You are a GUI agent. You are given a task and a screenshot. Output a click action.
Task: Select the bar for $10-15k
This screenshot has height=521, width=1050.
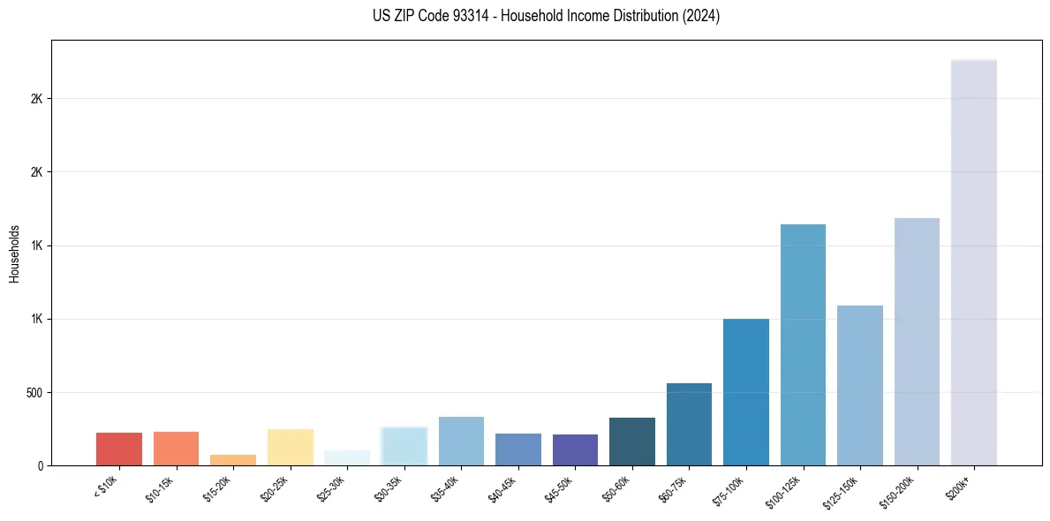(x=176, y=448)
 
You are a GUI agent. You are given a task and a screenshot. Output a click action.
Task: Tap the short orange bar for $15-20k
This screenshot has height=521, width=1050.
(x=233, y=460)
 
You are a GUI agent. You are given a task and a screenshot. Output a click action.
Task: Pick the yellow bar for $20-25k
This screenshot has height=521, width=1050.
(x=291, y=447)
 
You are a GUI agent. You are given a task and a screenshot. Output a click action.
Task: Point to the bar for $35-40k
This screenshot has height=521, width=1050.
(x=461, y=441)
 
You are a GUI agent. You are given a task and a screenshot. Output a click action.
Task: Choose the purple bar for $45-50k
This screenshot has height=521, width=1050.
(x=575, y=449)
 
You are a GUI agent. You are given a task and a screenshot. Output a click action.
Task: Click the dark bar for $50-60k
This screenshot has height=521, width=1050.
(x=632, y=442)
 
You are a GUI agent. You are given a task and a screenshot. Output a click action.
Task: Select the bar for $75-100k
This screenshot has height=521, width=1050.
(x=746, y=392)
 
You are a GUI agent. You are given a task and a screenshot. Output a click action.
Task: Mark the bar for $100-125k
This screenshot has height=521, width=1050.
(x=803, y=344)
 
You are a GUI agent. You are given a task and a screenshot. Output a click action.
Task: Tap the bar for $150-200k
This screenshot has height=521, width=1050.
(x=917, y=342)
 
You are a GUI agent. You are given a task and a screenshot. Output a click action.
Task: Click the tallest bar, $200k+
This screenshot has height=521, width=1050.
(x=974, y=262)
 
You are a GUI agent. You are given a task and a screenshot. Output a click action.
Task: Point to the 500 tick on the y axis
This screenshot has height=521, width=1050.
(x=35, y=392)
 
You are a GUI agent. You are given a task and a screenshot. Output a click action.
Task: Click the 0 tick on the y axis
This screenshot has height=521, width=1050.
(x=41, y=465)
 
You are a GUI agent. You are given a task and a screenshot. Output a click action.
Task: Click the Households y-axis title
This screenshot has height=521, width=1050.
(x=14, y=253)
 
